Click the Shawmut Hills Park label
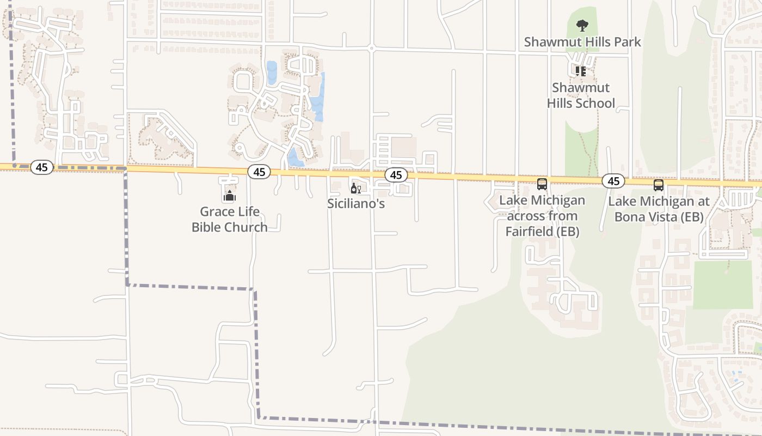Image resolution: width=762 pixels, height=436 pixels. [x=582, y=42]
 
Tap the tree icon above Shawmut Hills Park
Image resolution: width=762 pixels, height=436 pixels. [x=582, y=25]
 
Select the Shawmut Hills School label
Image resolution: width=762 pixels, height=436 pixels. [x=581, y=95]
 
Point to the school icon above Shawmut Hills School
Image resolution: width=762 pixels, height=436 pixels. [x=581, y=71]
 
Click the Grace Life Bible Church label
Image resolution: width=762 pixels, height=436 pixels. [x=229, y=219]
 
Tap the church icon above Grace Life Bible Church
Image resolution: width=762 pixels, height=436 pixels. [x=229, y=196]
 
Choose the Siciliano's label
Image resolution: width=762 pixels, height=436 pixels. [x=356, y=204]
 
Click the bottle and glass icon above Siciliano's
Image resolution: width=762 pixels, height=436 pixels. [x=356, y=189]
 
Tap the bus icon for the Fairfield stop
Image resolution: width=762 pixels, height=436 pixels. [x=542, y=184]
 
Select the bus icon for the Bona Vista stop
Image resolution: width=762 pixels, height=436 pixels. [x=659, y=185]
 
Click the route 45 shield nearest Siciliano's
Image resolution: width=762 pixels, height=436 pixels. [x=396, y=175]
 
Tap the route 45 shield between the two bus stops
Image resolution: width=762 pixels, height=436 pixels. [x=613, y=181]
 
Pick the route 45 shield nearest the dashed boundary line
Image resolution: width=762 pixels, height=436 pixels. [x=42, y=167]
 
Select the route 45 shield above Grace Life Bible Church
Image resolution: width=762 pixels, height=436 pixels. [x=259, y=172]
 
